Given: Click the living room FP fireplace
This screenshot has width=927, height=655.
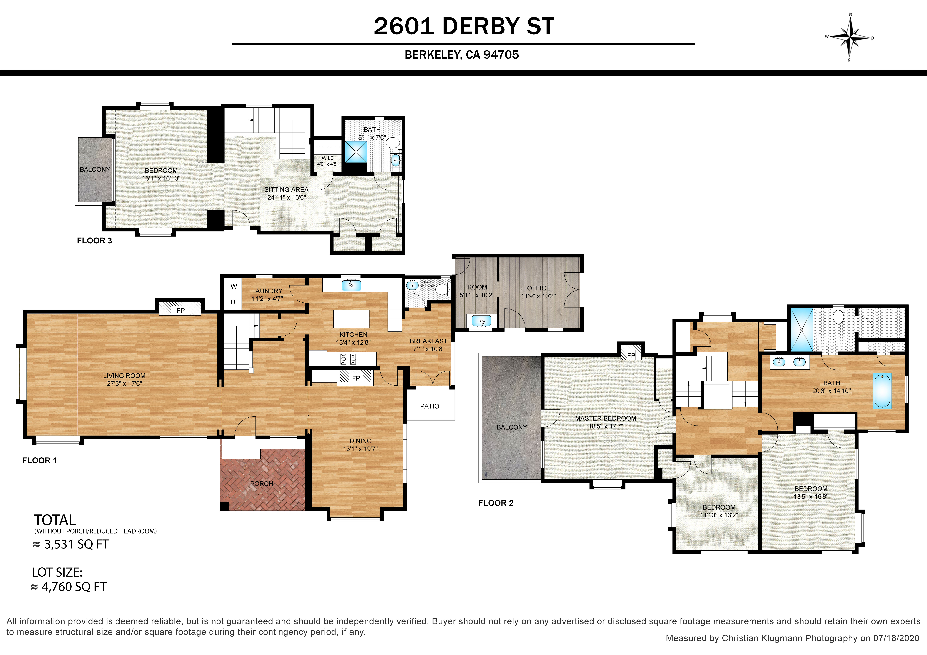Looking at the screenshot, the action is pos(180,309).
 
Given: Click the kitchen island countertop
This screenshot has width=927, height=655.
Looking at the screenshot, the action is pos(351,319).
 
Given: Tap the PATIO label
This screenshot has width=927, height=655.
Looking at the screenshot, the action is pos(430,406).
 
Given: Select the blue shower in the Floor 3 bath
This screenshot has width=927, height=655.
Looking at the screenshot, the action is pos(356,152).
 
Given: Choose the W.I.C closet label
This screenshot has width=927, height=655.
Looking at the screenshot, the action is pos(327,158).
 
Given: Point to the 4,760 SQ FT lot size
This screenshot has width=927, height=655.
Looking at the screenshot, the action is pos(69,587).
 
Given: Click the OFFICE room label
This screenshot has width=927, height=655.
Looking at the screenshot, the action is pos(539,288).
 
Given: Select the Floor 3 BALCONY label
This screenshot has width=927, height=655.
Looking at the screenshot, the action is pos(95,169).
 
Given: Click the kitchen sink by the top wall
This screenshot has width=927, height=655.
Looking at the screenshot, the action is pos(351,285).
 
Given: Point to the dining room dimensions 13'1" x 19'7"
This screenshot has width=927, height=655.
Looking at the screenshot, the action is pos(361,449).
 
